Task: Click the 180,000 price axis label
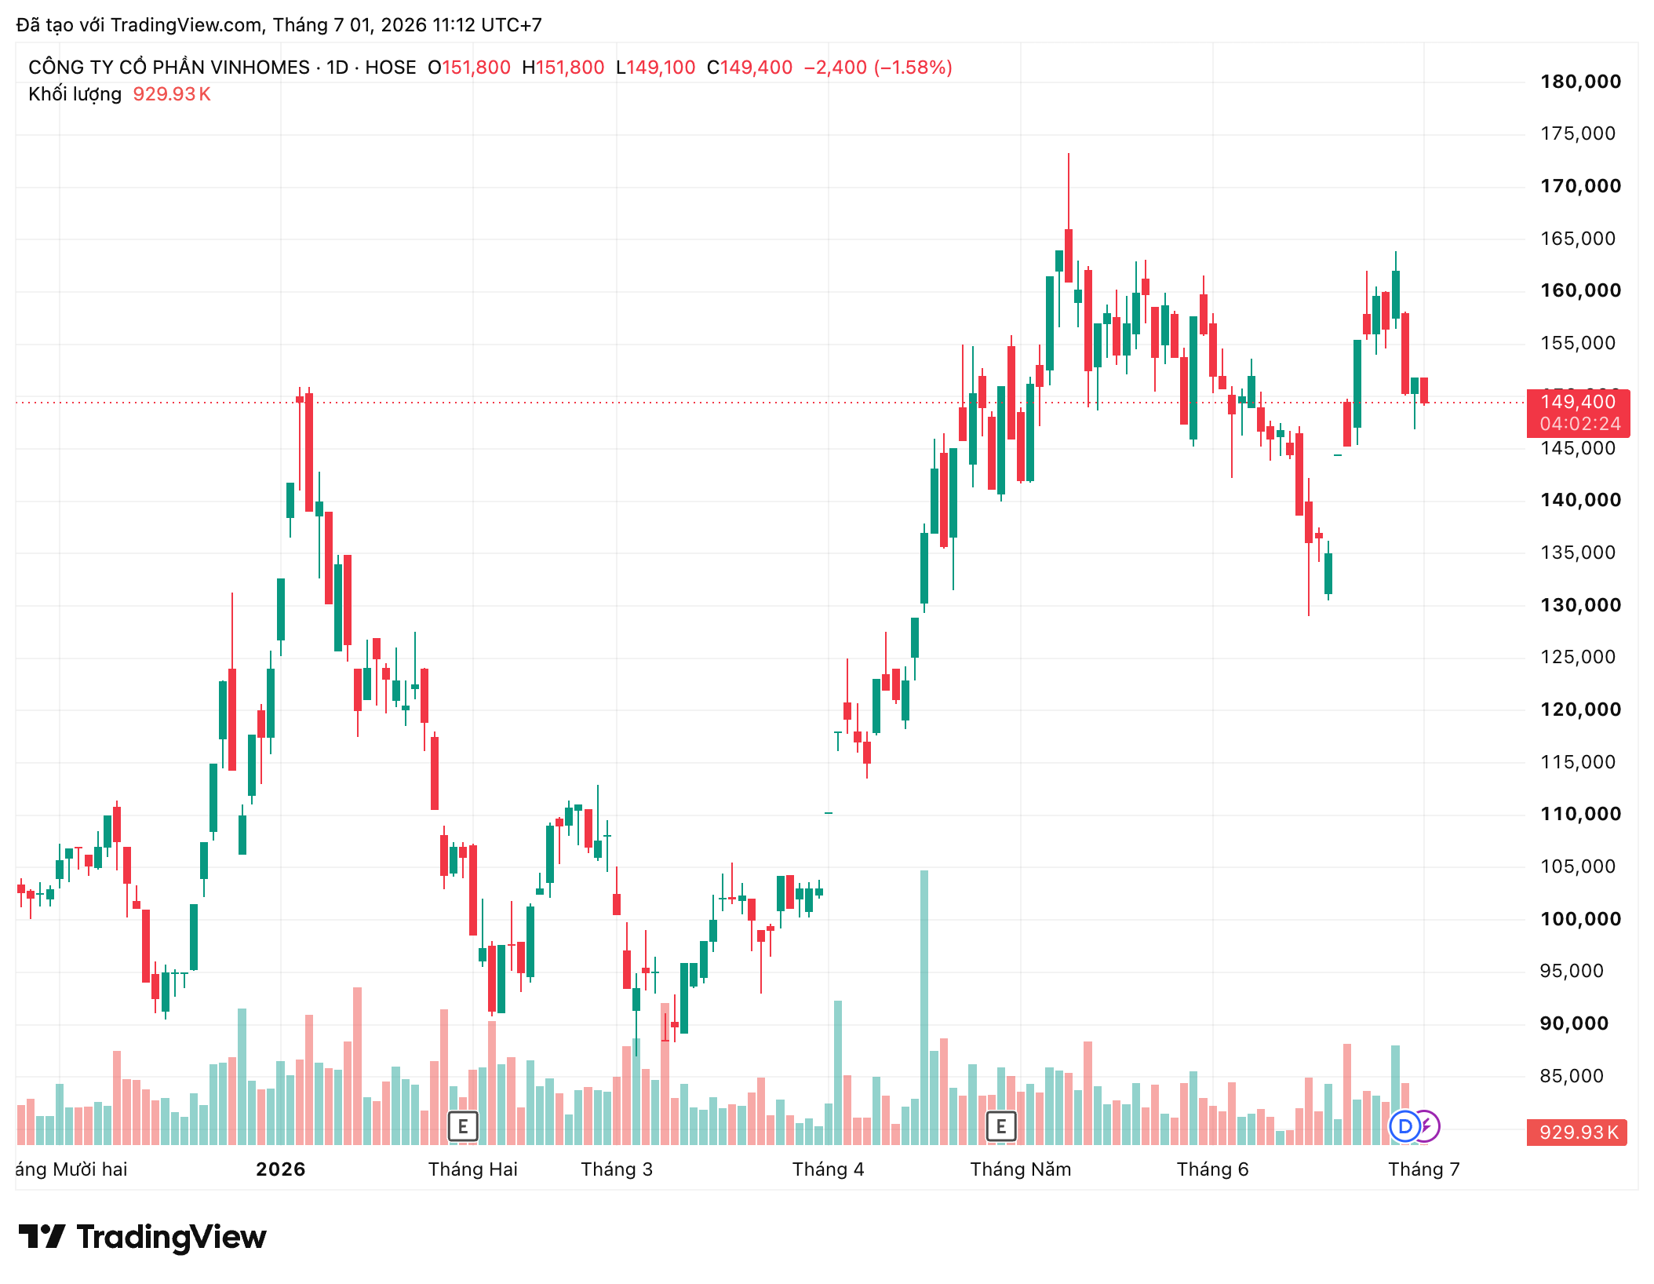(1580, 82)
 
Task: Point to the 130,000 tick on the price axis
(1580, 605)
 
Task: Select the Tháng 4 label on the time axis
(828, 1169)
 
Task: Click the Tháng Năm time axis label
(1020, 1169)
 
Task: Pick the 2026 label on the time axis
(280, 1169)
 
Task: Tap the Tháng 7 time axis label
(1423, 1169)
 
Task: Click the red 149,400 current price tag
(1578, 413)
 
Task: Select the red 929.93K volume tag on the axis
(1577, 1133)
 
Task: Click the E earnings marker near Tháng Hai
(463, 1126)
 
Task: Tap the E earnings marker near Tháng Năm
(1001, 1126)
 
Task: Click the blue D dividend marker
(1404, 1126)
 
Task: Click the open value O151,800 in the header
(469, 67)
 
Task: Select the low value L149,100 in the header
(656, 67)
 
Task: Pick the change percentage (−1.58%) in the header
(912, 67)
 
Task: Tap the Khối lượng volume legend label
(75, 94)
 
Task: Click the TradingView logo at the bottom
(143, 1237)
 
